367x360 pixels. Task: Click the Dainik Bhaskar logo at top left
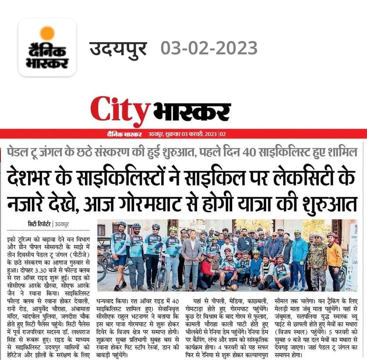pos(47,47)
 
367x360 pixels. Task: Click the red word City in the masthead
pos(120,111)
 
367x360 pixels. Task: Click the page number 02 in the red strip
pos(222,134)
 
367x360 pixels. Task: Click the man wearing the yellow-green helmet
pos(173,254)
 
